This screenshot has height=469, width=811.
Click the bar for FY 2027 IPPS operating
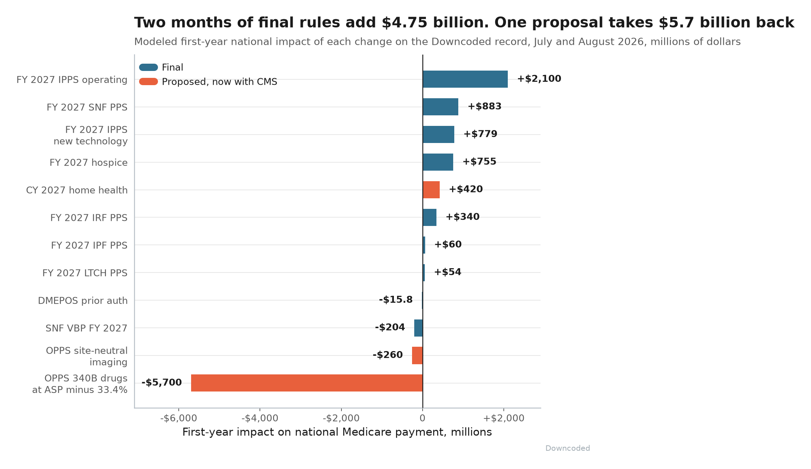[465, 79]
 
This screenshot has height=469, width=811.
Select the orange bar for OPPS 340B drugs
[307, 383]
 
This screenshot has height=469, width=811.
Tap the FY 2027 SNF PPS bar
[440, 107]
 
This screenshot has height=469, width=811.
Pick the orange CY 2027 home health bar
[431, 190]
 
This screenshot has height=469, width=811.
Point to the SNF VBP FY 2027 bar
[418, 328]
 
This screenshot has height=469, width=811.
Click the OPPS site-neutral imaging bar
[417, 355]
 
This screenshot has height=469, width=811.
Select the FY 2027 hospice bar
[438, 162]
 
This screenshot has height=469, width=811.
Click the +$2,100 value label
[539, 79]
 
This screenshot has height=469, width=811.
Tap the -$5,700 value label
[162, 382]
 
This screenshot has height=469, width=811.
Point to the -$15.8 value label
[396, 299]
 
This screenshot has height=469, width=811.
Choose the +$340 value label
[463, 217]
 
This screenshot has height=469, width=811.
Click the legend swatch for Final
[149, 67]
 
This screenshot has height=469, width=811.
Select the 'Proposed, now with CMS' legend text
[219, 82]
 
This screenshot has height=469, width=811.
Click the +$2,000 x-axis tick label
[504, 418]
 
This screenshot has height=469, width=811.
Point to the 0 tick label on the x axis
[422, 418]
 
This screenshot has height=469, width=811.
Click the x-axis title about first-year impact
[337, 432]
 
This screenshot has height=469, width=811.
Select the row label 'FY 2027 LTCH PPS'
[85, 273]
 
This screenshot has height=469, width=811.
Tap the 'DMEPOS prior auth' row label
[83, 301]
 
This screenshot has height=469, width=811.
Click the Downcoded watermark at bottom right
[567, 448]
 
